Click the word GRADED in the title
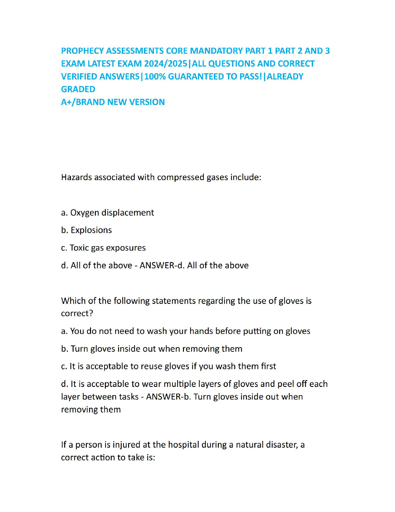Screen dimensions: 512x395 [78, 89]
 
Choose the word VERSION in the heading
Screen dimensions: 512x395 [147, 102]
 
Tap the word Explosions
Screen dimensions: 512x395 [91, 230]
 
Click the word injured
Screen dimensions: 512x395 [127, 445]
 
